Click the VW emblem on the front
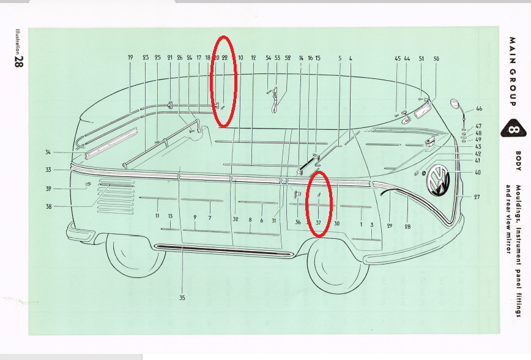coord(439,181)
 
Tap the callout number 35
coord(182,298)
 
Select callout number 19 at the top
coord(130,58)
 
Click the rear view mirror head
coord(455,104)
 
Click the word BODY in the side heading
coord(519,161)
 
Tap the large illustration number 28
coord(19,62)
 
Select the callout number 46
coord(479,109)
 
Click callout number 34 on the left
coord(48,152)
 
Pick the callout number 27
coord(477,197)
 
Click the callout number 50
coord(436,59)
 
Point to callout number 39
coord(48,189)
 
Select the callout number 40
coord(478,173)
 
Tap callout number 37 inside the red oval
coord(318,223)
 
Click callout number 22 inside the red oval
coord(225,58)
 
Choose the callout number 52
coord(288,58)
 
